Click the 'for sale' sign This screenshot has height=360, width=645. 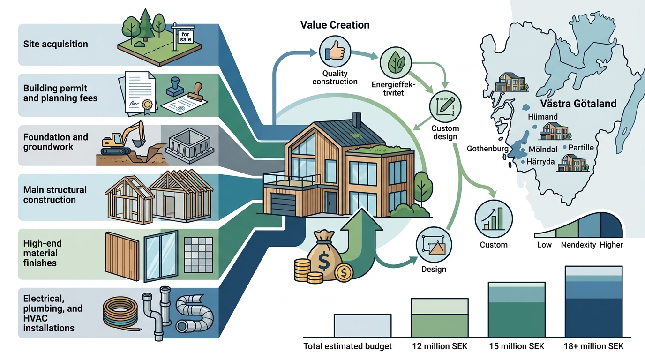(186, 37)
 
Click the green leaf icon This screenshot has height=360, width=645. (396, 63)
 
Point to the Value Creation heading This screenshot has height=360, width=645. (335, 25)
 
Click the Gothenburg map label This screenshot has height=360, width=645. (487, 149)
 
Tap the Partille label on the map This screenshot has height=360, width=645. (581, 148)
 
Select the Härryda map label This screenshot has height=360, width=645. (540, 162)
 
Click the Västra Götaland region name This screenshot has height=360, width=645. (578, 104)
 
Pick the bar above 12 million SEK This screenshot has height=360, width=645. (440, 318)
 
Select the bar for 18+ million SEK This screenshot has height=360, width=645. (593, 301)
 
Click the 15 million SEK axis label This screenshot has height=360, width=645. (517, 346)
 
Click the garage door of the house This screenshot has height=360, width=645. (283, 204)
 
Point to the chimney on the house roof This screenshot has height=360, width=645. (356, 120)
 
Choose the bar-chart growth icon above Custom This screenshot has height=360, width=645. (494, 219)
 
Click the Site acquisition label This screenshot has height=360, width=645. (56, 44)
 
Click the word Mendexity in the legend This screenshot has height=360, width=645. (578, 245)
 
